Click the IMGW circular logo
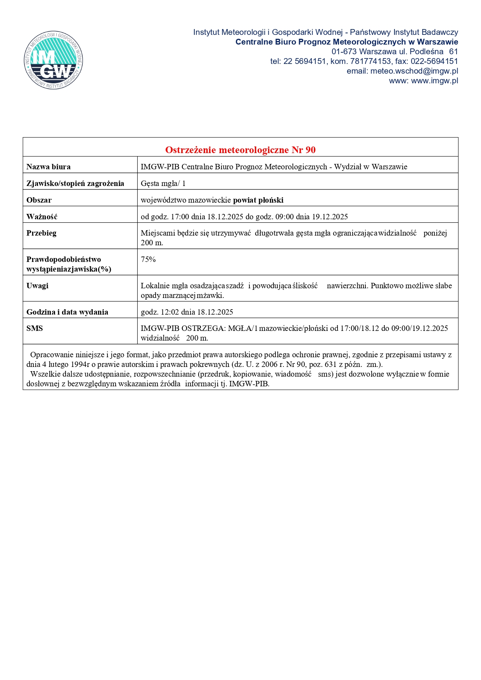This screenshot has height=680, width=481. (53, 60)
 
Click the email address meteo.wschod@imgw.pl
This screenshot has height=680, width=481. (414, 71)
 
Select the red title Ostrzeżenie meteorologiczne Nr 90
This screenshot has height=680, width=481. (240, 150)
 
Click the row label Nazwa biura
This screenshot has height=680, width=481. (48, 167)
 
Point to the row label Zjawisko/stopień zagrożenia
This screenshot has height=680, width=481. (75, 183)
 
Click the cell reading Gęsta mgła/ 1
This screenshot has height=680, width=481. (163, 183)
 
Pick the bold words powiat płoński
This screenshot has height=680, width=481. (258, 200)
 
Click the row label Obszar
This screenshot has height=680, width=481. (39, 200)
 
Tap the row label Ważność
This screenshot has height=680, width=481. (42, 217)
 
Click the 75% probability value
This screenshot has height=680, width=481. (148, 259)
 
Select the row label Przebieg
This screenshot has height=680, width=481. (42, 233)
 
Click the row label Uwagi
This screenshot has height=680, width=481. (37, 286)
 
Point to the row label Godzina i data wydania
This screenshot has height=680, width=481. (67, 312)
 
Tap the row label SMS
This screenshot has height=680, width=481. (35, 328)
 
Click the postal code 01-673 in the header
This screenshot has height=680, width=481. (344, 52)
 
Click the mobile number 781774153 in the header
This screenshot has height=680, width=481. (370, 61)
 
